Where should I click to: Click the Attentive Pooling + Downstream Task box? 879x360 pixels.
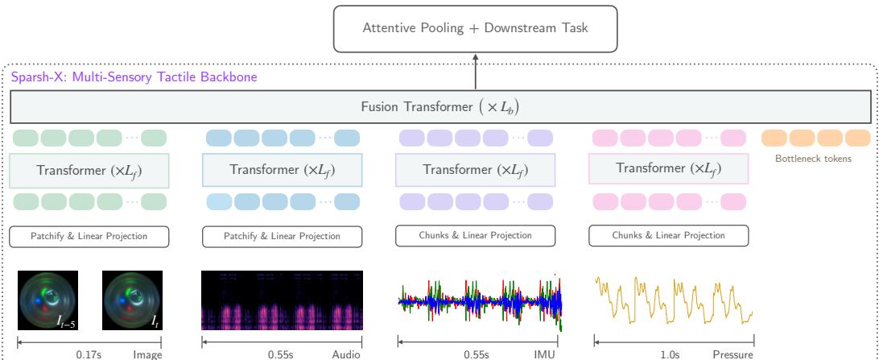(x=475, y=27)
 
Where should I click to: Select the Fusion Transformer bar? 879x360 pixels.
(x=440, y=106)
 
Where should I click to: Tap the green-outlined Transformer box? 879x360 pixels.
(x=89, y=170)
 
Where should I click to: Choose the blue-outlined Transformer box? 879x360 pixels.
(x=282, y=170)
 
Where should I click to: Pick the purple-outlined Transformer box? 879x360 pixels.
(x=475, y=170)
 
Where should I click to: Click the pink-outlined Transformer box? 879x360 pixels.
(x=668, y=169)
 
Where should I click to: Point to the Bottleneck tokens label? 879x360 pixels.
(x=813, y=159)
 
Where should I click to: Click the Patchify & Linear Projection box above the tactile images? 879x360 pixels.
(x=89, y=236)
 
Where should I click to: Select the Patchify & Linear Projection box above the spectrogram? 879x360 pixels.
(x=282, y=236)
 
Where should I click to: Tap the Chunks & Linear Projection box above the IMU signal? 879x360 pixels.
(x=475, y=235)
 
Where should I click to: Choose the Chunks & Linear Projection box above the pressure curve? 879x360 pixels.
(x=668, y=235)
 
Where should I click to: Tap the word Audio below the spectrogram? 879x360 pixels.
(x=345, y=353)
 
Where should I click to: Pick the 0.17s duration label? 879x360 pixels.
(x=87, y=353)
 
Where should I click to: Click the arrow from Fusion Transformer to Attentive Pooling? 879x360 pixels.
(x=475, y=72)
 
